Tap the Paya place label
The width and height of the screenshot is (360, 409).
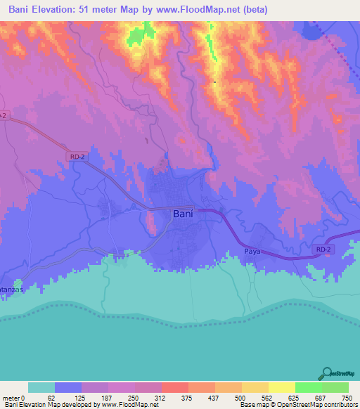click(x=253, y=251)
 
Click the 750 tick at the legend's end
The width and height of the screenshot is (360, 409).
click(x=345, y=398)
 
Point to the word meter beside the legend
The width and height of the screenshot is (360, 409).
click(x=13, y=398)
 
